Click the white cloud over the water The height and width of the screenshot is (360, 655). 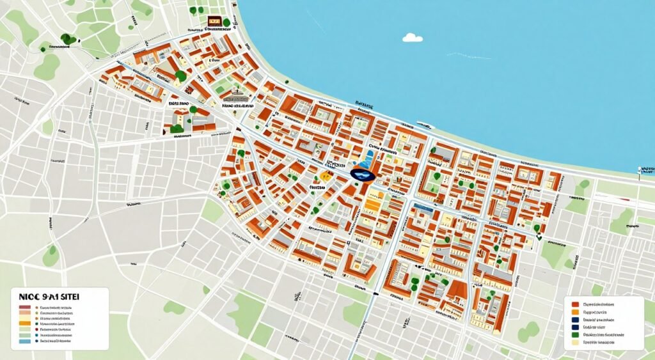pyautogui.click(x=413, y=38)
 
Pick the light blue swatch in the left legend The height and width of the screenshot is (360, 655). pyautogui.click(x=24, y=342)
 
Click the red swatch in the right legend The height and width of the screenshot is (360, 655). pyautogui.click(x=576, y=305)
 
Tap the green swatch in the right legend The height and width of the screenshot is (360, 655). pyautogui.click(x=576, y=334)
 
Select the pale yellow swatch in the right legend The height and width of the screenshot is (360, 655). pyautogui.click(x=576, y=343)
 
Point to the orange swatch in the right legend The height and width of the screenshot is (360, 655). pyautogui.click(x=576, y=312)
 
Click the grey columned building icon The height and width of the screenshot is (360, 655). pyautogui.click(x=237, y=97)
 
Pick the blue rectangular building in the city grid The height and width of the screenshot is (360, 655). pyautogui.click(x=423, y=207)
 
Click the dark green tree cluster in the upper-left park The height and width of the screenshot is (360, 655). pyautogui.click(x=67, y=40)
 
